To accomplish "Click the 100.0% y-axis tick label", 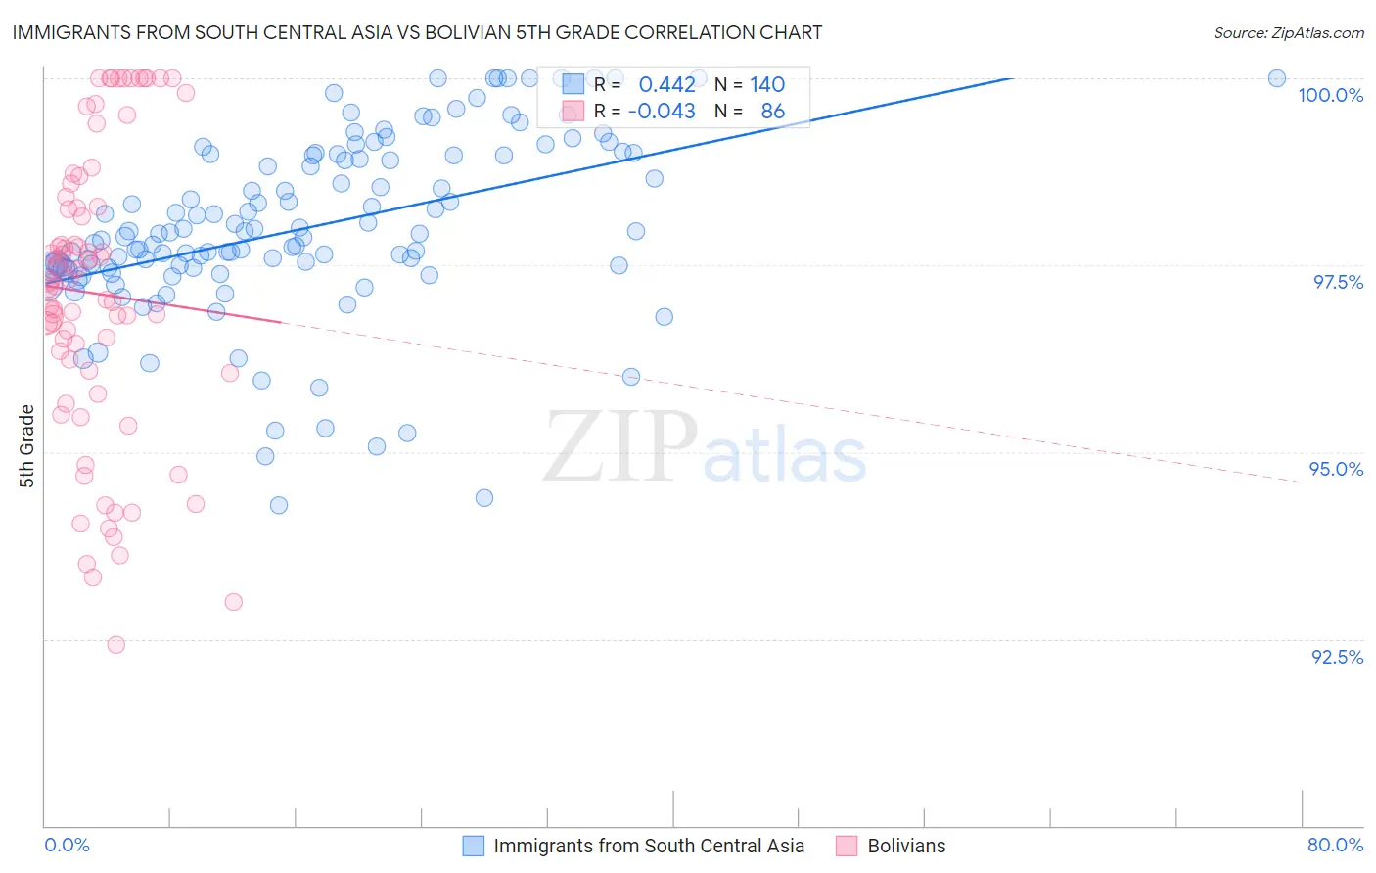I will pyautogui.click(x=1330, y=95).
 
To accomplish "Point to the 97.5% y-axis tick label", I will pyautogui.click(x=1337, y=282).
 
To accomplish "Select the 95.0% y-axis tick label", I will pyautogui.click(x=1336, y=469).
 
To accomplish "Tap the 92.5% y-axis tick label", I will pyautogui.click(x=1337, y=657).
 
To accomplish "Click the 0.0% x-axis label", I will pyautogui.click(x=67, y=845).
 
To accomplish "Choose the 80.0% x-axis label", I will pyautogui.click(x=1335, y=845).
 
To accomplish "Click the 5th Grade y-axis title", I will pyautogui.click(x=27, y=445).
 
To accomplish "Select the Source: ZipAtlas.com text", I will pyautogui.click(x=1288, y=32).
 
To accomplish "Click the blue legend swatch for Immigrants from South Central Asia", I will pyautogui.click(x=474, y=846).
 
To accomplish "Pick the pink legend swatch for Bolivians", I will pyautogui.click(x=847, y=846).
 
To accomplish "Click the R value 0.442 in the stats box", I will pyautogui.click(x=666, y=85).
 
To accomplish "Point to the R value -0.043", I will pyautogui.click(x=662, y=112).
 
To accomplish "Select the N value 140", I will pyautogui.click(x=767, y=85).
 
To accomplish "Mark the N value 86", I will pyautogui.click(x=772, y=112).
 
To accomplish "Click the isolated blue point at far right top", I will pyautogui.click(x=1277, y=78).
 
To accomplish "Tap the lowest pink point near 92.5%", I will pyautogui.click(x=115, y=644).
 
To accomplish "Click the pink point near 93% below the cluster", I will pyautogui.click(x=233, y=602).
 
